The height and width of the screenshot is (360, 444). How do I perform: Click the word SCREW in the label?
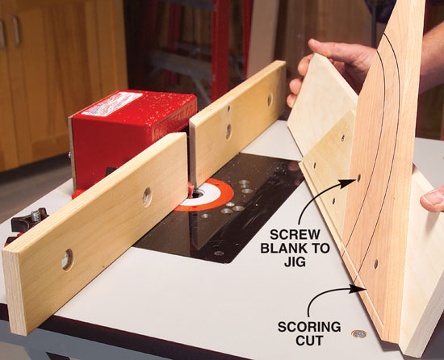pyautogui.click(x=291, y=235)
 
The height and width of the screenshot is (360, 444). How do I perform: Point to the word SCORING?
pyautogui.click(x=309, y=327)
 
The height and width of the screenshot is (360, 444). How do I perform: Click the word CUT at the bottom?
pyautogui.click(x=309, y=341)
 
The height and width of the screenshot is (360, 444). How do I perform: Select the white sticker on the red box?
pyautogui.click(x=112, y=103)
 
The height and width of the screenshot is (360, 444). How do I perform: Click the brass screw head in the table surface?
pyautogui.click(x=358, y=334)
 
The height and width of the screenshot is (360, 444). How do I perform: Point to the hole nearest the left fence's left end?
pyautogui.click(x=67, y=260)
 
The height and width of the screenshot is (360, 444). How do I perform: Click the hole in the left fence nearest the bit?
pyautogui.click(x=147, y=197)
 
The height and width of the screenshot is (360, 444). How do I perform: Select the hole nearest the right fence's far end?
pyautogui.click(x=270, y=99)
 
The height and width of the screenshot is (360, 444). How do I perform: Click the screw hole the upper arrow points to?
pyautogui.click(x=358, y=178)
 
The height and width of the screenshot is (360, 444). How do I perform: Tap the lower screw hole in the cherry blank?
pyautogui.click(x=375, y=264)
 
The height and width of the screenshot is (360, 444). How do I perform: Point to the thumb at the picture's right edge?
pyautogui.click(x=433, y=199)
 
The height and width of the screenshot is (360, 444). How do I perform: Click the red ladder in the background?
pyautogui.click(x=222, y=48)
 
